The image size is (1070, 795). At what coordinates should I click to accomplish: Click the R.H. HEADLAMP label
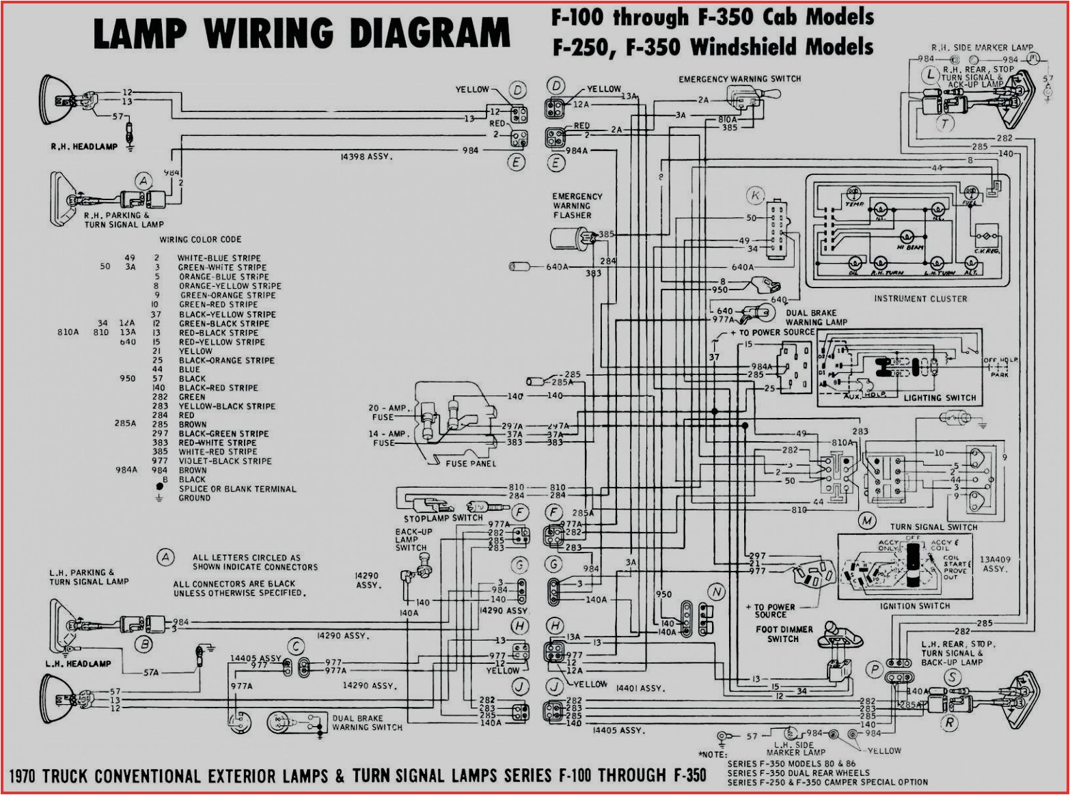coord(83,146)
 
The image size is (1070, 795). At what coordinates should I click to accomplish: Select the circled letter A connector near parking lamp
coord(143,181)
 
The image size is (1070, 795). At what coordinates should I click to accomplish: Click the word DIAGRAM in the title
coord(429,33)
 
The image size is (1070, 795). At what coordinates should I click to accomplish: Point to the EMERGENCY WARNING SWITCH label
coord(739,79)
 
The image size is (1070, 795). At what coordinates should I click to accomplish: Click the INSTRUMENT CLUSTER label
coord(920,298)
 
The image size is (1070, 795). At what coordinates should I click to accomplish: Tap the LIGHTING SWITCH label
coord(939,397)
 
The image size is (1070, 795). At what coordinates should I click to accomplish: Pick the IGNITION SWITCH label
coord(915,606)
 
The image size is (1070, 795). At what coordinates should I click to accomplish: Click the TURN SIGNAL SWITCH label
coord(933,527)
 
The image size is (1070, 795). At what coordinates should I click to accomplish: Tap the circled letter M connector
coord(867,521)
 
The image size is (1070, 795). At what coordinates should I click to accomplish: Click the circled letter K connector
coord(755,197)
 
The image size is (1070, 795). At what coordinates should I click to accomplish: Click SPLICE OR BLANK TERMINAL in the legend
coord(237,489)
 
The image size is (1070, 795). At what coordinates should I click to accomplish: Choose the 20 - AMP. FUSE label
coord(389,413)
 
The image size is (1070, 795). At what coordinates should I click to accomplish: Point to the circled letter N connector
coord(716,591)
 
